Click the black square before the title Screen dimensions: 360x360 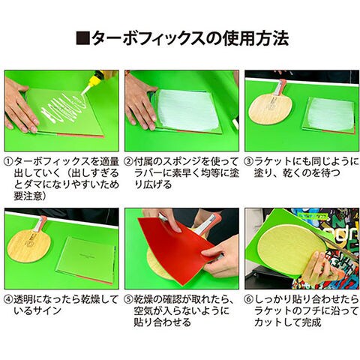point(82,38)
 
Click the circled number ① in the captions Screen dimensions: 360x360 point(9,162)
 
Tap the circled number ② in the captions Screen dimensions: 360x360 point(129,162)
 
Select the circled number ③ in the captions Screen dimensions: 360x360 point(249,162)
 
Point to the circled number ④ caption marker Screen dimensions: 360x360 point(9,300)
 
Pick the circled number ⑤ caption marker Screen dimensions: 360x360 point(129,300)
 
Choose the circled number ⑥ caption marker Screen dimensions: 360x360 point(249,300)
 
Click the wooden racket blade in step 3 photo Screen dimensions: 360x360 point(267,109)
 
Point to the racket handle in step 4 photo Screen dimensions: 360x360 point(40,223)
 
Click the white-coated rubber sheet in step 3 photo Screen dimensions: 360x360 point(329,115)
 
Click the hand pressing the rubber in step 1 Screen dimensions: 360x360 point(20,106)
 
